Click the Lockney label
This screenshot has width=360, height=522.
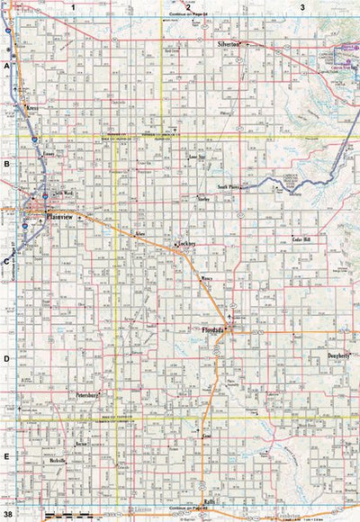tap(187, 244)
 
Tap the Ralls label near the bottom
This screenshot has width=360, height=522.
tap(208, 501)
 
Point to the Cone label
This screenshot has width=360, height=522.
tap(206, 436)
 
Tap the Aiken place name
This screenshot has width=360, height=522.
tap(140, 232)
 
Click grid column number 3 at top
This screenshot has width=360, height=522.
tap(302, 6)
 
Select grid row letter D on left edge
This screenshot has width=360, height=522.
tap(6, 358)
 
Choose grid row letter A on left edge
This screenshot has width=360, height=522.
tap(6, 67)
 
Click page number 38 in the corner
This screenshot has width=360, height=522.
tap(7, 514)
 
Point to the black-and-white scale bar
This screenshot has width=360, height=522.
tap(58, 513)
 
